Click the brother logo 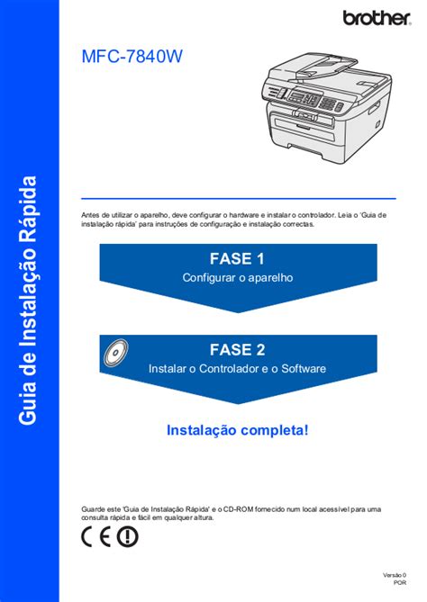pos(377,18)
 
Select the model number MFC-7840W pos(132,57)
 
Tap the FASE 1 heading pos(237,259)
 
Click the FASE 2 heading pos(238,350)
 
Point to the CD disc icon pos(115,352)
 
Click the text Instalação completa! pos(238,430)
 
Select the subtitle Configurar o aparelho pos(238,277)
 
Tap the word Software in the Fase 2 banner pos(304,369)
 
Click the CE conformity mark pos(96,536)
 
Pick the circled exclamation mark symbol pos(128,536)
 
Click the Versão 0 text pos(395,575)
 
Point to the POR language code pos(400,582)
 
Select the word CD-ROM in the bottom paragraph pos(238,509)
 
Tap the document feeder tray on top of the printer pos(327,63)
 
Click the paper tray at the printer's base pos(304,150)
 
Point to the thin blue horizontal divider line pos(239,199)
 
